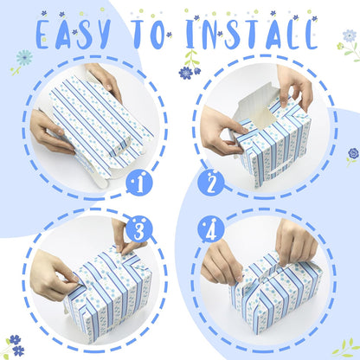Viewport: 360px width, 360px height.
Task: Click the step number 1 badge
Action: click(139, 183)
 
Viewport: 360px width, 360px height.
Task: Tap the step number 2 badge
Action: click(211, 183)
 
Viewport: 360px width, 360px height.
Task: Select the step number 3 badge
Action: click(139, 229)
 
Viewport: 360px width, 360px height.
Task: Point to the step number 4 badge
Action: click(211, 229)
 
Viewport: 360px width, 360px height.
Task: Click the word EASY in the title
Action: click(74, 34)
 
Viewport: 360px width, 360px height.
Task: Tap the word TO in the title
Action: click(149, 34)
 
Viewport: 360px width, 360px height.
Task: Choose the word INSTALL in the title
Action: click(252, 34)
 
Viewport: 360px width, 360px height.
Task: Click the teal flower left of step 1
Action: click(24, 57)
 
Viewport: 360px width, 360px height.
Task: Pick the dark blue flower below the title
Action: click(186, 73)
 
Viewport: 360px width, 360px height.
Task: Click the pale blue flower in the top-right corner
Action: click(350, 35)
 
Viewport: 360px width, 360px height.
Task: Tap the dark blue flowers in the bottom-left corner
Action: click(16, 345)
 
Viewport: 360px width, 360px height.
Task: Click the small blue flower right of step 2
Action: click(353, 153)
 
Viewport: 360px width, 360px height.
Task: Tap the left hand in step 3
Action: click(54, 274)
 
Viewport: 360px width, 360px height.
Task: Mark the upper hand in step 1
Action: click(105, 80)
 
